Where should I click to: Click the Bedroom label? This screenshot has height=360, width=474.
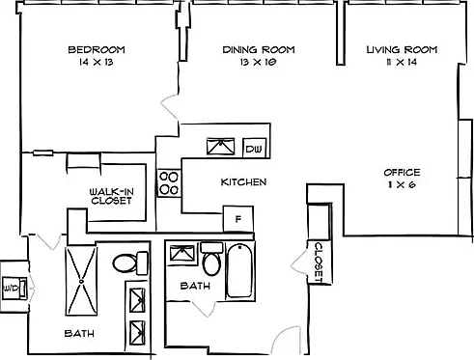tap(97, 49)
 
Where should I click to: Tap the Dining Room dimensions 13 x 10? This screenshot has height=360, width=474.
tap(258, 62)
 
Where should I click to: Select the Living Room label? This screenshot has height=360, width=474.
tap(402, 49)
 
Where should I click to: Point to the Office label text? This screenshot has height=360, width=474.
tap(402, 173)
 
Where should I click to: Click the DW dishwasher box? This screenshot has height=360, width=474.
tap(254, 148)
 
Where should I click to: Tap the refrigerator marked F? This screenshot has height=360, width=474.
tap(238, 219)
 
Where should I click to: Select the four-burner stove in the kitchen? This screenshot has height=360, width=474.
tap(169, 183)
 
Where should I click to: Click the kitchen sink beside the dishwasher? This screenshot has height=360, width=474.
tap(220, 147)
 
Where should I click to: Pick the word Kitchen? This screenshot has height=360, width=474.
tap(243, 182)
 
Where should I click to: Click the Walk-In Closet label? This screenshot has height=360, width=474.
tap(111, 196)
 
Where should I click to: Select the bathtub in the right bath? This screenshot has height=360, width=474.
tap(239, 271)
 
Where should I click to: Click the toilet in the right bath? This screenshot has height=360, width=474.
tap(211, 259)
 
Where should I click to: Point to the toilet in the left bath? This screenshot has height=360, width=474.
tap(130, 263)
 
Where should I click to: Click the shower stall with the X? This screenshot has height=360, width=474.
tap(81, 281)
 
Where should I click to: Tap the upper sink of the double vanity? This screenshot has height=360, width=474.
tap(137, 300)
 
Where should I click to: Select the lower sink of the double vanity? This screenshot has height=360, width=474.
tap(137, 333)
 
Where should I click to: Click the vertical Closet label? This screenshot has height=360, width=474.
tap(319, 263)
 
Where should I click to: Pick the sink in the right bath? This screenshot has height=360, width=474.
tap(182, 254)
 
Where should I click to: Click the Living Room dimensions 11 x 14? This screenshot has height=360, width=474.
tap(402, 62)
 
